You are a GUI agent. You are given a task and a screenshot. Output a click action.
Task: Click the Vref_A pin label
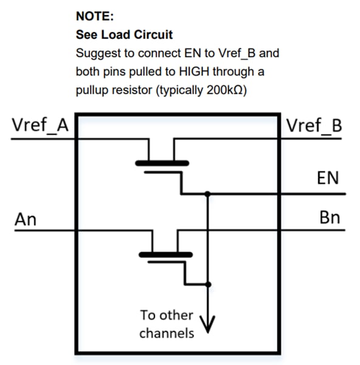[40, 126]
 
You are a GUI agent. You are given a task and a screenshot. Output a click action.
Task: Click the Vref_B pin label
[314, 126]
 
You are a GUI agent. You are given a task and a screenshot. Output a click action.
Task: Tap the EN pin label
[328, 179]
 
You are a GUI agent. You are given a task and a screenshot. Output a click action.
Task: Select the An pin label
[26, 218]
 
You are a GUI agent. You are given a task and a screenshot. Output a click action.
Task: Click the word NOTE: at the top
[94, 16]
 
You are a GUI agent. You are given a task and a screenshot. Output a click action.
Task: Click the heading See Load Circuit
[124, 35]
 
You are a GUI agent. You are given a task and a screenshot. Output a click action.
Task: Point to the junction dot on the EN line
[208, 194]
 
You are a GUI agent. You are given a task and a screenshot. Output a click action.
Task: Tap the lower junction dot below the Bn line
[208, 284]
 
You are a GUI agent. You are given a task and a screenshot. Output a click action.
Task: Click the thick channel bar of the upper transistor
[162, 162]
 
